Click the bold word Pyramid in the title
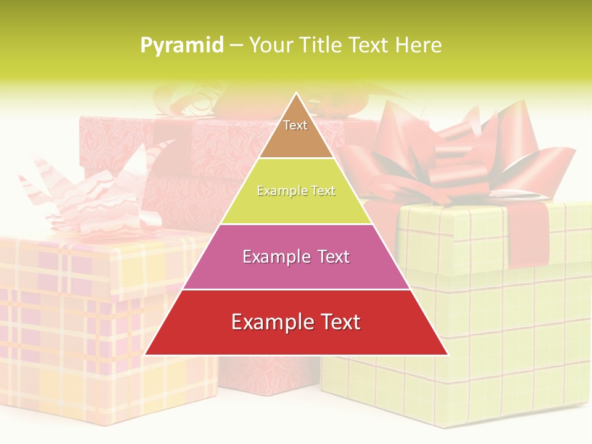click(181, 46)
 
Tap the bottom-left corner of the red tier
click(146, 354)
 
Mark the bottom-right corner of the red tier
click(447, 354)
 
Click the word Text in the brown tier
click(295, 125)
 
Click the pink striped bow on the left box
click(92, 197)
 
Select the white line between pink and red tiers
click(296, 289)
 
